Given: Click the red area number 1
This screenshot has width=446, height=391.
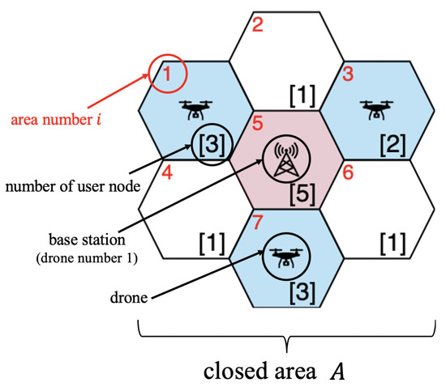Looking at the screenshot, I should [169, 76].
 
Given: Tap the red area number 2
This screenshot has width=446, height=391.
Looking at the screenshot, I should [258, 25].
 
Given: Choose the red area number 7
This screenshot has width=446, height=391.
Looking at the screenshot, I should [258, 222].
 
